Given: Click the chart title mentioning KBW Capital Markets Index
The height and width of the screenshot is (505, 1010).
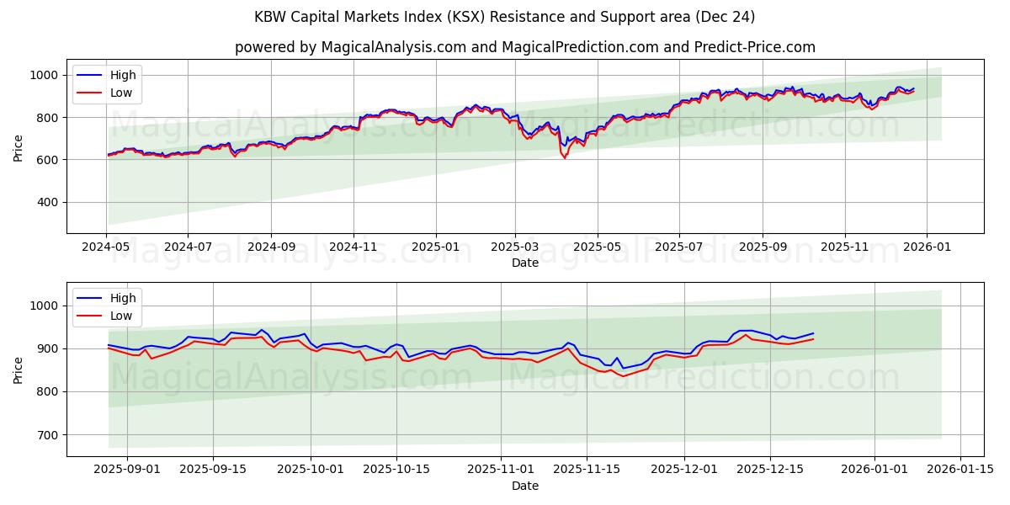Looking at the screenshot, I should point(504,17).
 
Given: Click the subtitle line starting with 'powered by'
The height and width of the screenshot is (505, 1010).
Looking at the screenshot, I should point(524,47).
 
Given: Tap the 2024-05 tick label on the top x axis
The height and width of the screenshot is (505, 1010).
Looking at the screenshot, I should point(107,247).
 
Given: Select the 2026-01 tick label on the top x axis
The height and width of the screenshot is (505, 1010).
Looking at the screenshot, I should point(927,247).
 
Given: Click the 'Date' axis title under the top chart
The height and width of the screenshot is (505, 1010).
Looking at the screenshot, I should point(524,263).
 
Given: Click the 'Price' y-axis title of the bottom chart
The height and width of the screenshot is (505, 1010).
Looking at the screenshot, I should point(19,369).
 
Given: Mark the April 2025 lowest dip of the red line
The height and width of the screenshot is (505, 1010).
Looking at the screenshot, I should point(565,157).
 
